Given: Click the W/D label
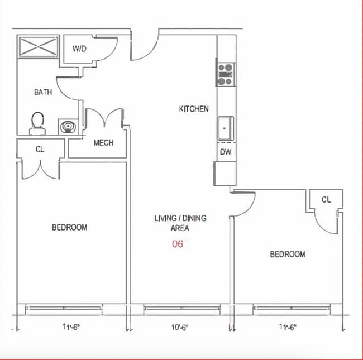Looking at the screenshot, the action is pyautogui.click(x=79, y=49).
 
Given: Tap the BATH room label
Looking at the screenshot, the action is pyautogui.click(x=43, y=92).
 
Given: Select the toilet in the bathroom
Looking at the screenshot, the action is pyautogui.click(x=37, y=123).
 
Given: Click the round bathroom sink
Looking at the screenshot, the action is pyautogui.click(x=68, y=127).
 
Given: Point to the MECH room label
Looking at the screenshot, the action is pyautogui.click(x=103, y=143).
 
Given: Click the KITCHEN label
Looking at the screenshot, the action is pyautogui.click(x=194, y=109).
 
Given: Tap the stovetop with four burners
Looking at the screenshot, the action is pyautogui.click(x=226, y=74).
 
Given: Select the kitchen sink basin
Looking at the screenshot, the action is pyautogui.click(x=225, y=128).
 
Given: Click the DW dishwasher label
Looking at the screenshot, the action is pyautogui.click(x=226, y=152).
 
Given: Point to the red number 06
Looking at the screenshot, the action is pyautogui.click(x=178, y=244).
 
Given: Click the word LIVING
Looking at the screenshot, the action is pyautogui.click(x=165, y=218).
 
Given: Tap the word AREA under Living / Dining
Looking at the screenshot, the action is pyautogui.click(x=180, y=228).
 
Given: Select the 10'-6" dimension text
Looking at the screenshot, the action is pyautogui.click(x=179, y=328).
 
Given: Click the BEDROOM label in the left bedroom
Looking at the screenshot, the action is pyautogui.click(x=69, y=227).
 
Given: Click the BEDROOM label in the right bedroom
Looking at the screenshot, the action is pyautogui.click(x=288, y=255).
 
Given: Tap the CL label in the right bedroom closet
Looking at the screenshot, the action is pyautogui.click(x=326, y=199).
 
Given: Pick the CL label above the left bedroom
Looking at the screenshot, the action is pyautogui.click(x=40, y=149).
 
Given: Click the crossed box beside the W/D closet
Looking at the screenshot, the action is pyautogui.click(x=38, y=46).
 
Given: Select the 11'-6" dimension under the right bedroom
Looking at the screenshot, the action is pyautogui.click(x=288, y=327).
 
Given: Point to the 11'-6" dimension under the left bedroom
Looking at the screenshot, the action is pyautogui.click(x=71, y=327).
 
